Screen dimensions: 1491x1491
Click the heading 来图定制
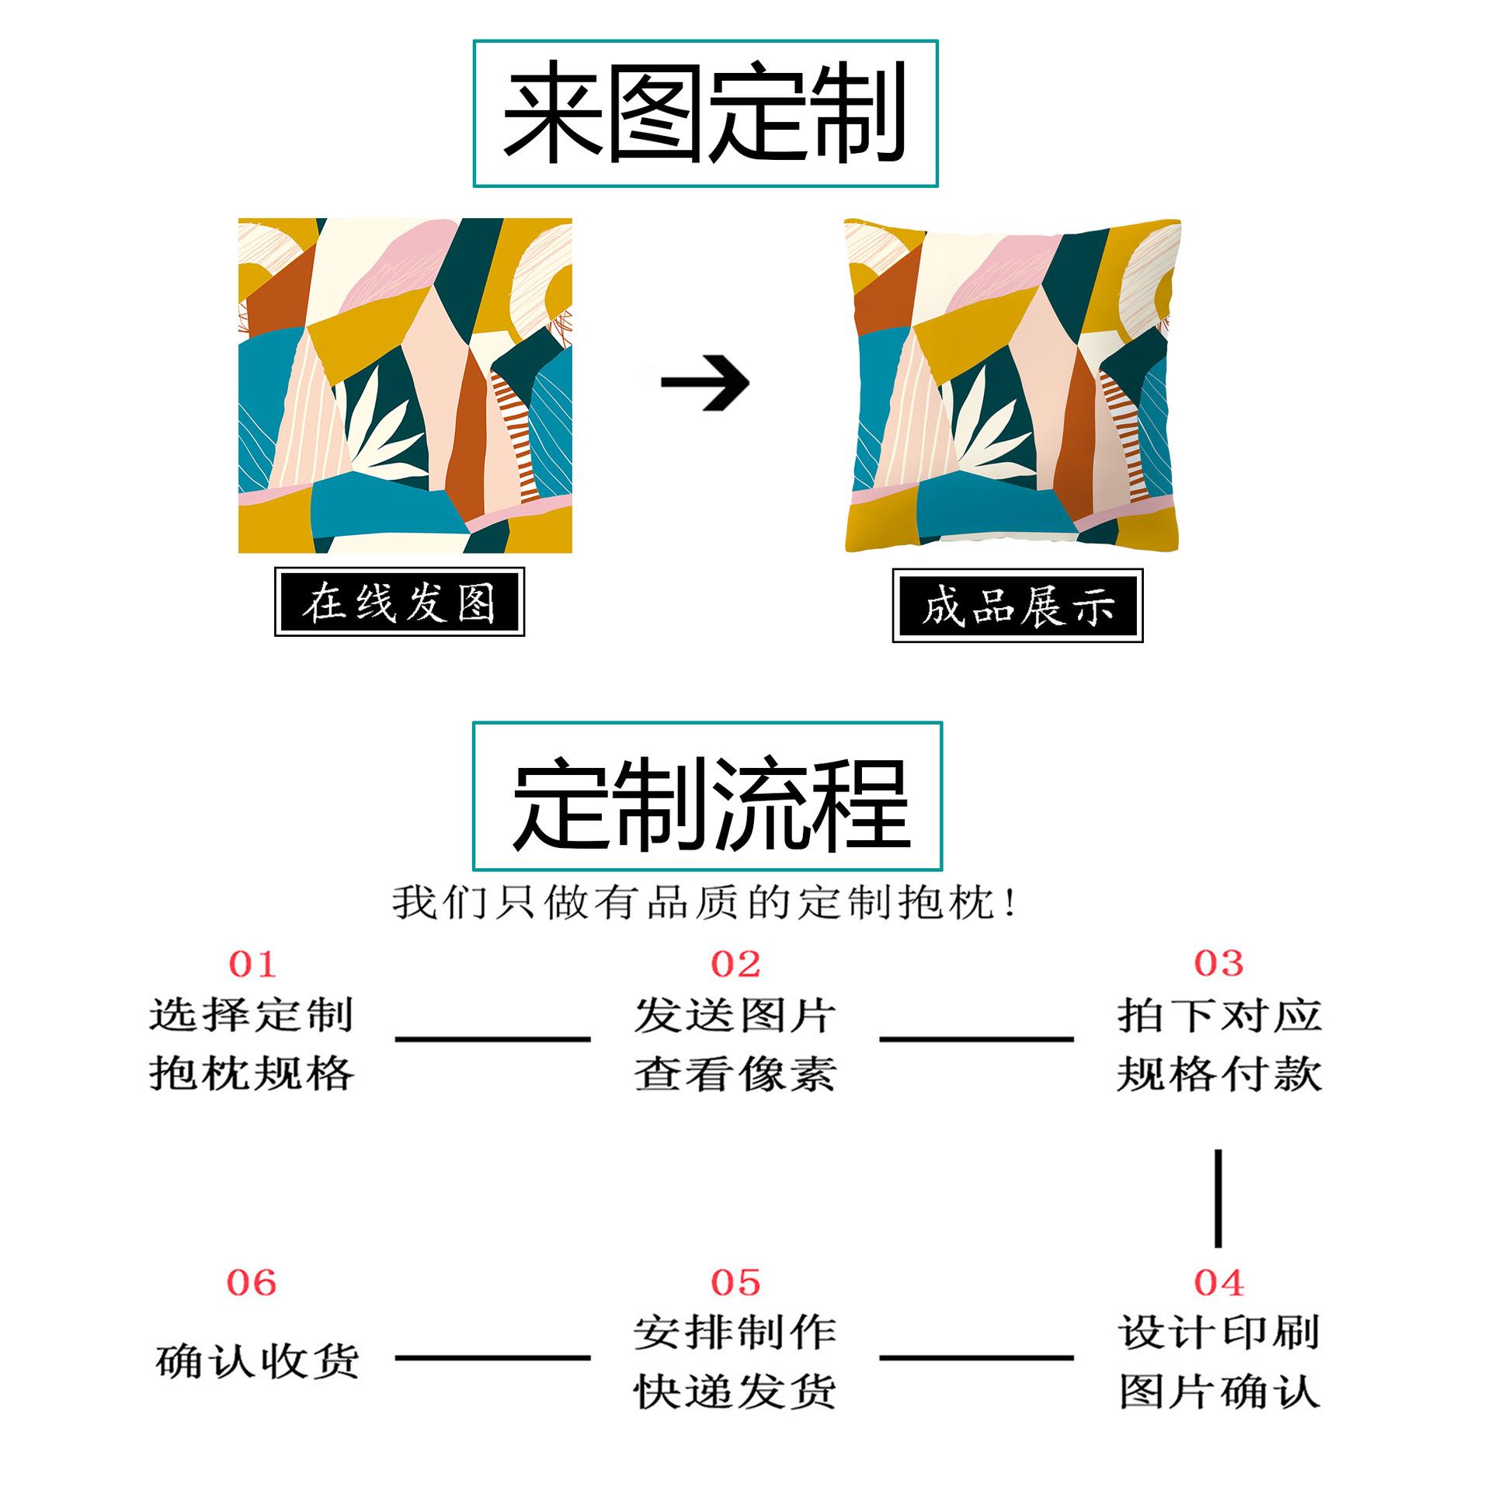click(705, 113)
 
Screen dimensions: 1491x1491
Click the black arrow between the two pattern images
click(705, 382)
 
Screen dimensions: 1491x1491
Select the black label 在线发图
click(399, 603)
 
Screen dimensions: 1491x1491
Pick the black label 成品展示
click(1017, 606)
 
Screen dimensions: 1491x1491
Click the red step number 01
click(252, 964)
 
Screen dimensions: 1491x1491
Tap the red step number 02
click(735, 964)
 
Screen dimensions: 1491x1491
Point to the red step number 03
click(1218, 964)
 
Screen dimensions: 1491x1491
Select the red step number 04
click(1219, 1282)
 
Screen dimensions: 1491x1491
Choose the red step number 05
click(735, 1282)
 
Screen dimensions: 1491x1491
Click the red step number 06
click(252, 1282)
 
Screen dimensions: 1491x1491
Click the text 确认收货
click(257, 1361)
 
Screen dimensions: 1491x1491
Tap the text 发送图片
click(735, 1015)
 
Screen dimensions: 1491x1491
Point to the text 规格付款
click(1219, 1075)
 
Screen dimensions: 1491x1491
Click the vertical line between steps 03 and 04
click(1218, 1198)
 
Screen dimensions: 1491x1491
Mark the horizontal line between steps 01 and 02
click(493, 1038)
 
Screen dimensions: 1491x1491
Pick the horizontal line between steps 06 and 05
click(493, 1358)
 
